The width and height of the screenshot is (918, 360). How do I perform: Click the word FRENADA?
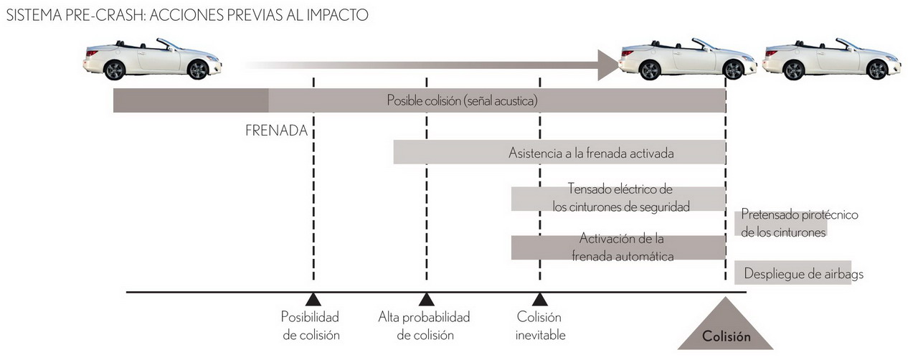click(x=276, y=131)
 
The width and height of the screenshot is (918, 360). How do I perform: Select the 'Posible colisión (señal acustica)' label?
click(x=462, y=100)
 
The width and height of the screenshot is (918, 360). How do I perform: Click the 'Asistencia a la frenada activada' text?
click(x=591, y=153)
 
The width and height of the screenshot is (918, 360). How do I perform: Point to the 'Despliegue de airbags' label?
click(x=804, y=273)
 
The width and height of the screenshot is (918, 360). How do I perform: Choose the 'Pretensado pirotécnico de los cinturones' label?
click(x=799, y=224)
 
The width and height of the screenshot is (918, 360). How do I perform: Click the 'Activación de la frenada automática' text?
click(x=623, y=247)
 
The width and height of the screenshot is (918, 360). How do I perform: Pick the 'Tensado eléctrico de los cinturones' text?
click(x=621, y=198)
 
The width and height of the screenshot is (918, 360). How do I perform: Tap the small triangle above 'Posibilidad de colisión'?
click(x=313, y=300)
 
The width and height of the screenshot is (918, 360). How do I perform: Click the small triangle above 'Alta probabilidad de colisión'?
click(x=426, y=300)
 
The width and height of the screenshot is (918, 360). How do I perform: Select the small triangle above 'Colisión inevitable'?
click(x=540, y=300)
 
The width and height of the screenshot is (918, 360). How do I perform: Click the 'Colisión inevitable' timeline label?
click(x=540, y=326)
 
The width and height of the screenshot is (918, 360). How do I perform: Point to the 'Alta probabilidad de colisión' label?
click(x=424, y=326)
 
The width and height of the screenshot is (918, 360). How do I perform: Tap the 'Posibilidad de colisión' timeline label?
click(x=311, y=326)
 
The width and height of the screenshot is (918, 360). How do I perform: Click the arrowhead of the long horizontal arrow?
click(x=607, y=65)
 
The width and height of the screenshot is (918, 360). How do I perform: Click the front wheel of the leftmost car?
click(x=197, y=70)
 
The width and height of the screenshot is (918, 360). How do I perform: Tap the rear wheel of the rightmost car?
click(x=793, y=70)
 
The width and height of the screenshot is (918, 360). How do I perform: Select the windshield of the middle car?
click(x=704, y=44)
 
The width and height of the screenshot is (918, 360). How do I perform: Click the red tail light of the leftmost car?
click(x=92, y=53)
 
